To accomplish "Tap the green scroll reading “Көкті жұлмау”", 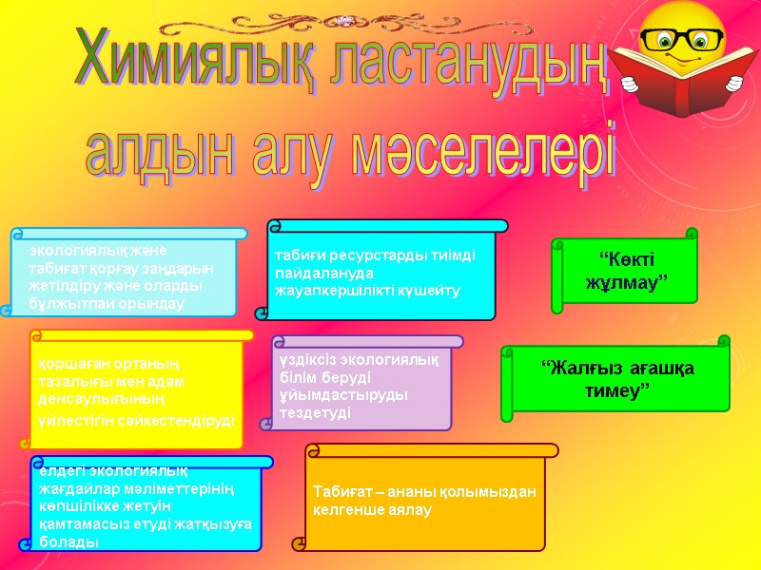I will [626, 271].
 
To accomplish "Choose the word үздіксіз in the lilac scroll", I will [304, 363].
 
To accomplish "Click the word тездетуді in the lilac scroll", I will [315, 413].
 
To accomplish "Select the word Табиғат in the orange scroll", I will [339, 492].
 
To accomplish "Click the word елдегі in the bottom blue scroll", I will [61, 471].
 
